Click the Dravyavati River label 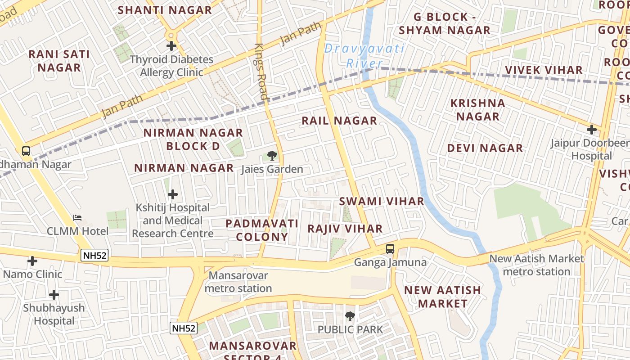pyautogui.click(x=364, y=56)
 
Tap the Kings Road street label pyautogui.click(x=261, y=72)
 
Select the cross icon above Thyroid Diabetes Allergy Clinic pyautogui.click(x=171, y=46)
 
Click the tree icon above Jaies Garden pyautogui.click(x=272, y=156)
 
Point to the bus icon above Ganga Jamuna pyautogui.click(x=390, y=249)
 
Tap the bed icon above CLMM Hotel pyautogui.click(x=77, y=218)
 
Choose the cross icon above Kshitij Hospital pyautogui.click(x=173, y=194)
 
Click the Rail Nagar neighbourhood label pyautogui.click(x=339, y=121)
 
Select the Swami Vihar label pyautogui.click(x=382, y=201)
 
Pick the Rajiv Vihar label pyautogui.click(x=345, y=229)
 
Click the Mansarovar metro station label pyautogui.click(x=238, y=282)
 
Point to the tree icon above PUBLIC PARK pyautogui.click(x=350, y=316)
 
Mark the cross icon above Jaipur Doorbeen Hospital pyautogui.click(x=591, y=130)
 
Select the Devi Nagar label pyautogui.click(x=485, y=148)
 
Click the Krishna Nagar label pyautogui.click(x=478, y=110)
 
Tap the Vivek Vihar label pyautogui.click(x=544, y=70)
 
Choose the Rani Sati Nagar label pyautogui.click(x=59, y=61)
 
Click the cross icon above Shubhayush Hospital pyautogui.click(x=54, y=295)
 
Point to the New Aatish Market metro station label pyautogui.click(x=536, y=265)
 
